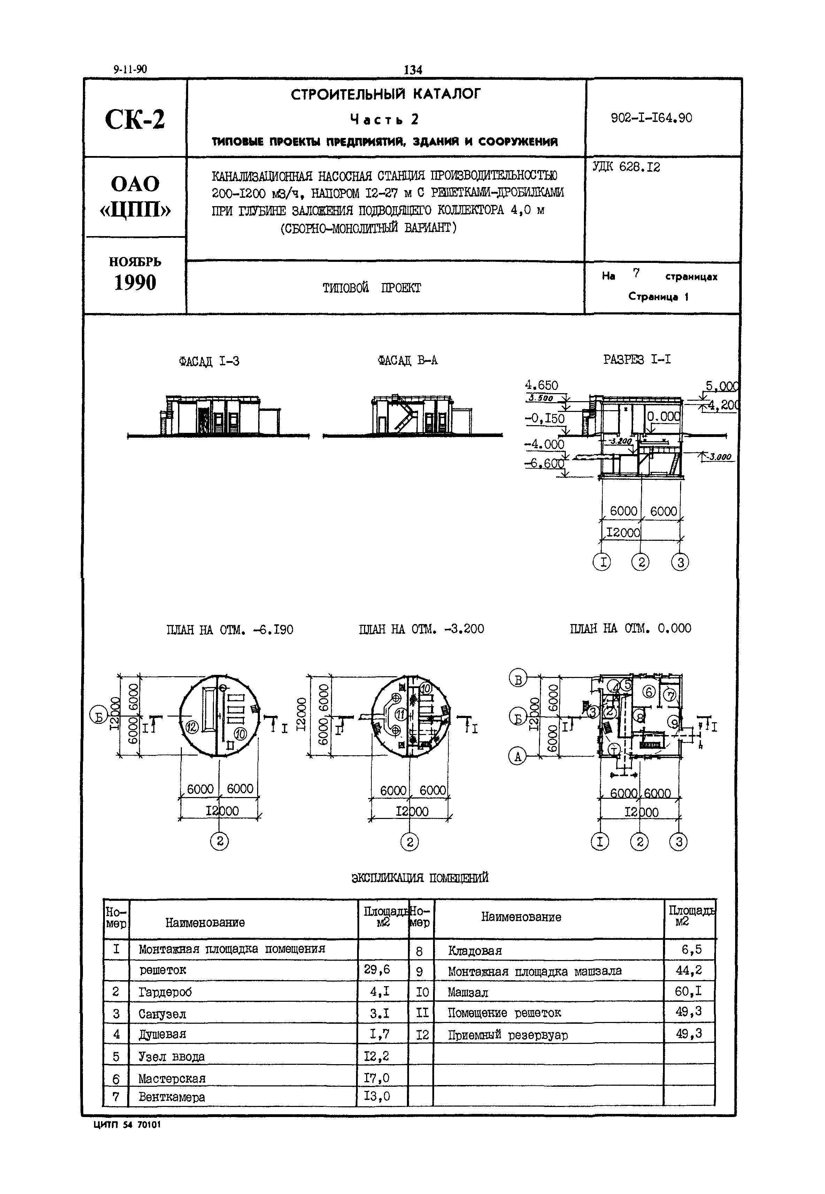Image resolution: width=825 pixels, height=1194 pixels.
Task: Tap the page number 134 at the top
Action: tap(412, 70)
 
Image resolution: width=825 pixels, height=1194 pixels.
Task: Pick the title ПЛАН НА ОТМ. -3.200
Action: tap(421, 629)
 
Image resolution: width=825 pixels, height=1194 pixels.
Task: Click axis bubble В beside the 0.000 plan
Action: tap(518, 678)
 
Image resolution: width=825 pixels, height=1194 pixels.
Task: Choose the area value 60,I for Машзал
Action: tap(688, 991)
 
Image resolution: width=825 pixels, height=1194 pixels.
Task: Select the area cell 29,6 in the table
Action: tap(377, 969)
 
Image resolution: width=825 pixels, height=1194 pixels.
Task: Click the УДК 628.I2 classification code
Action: tap(626, 167)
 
